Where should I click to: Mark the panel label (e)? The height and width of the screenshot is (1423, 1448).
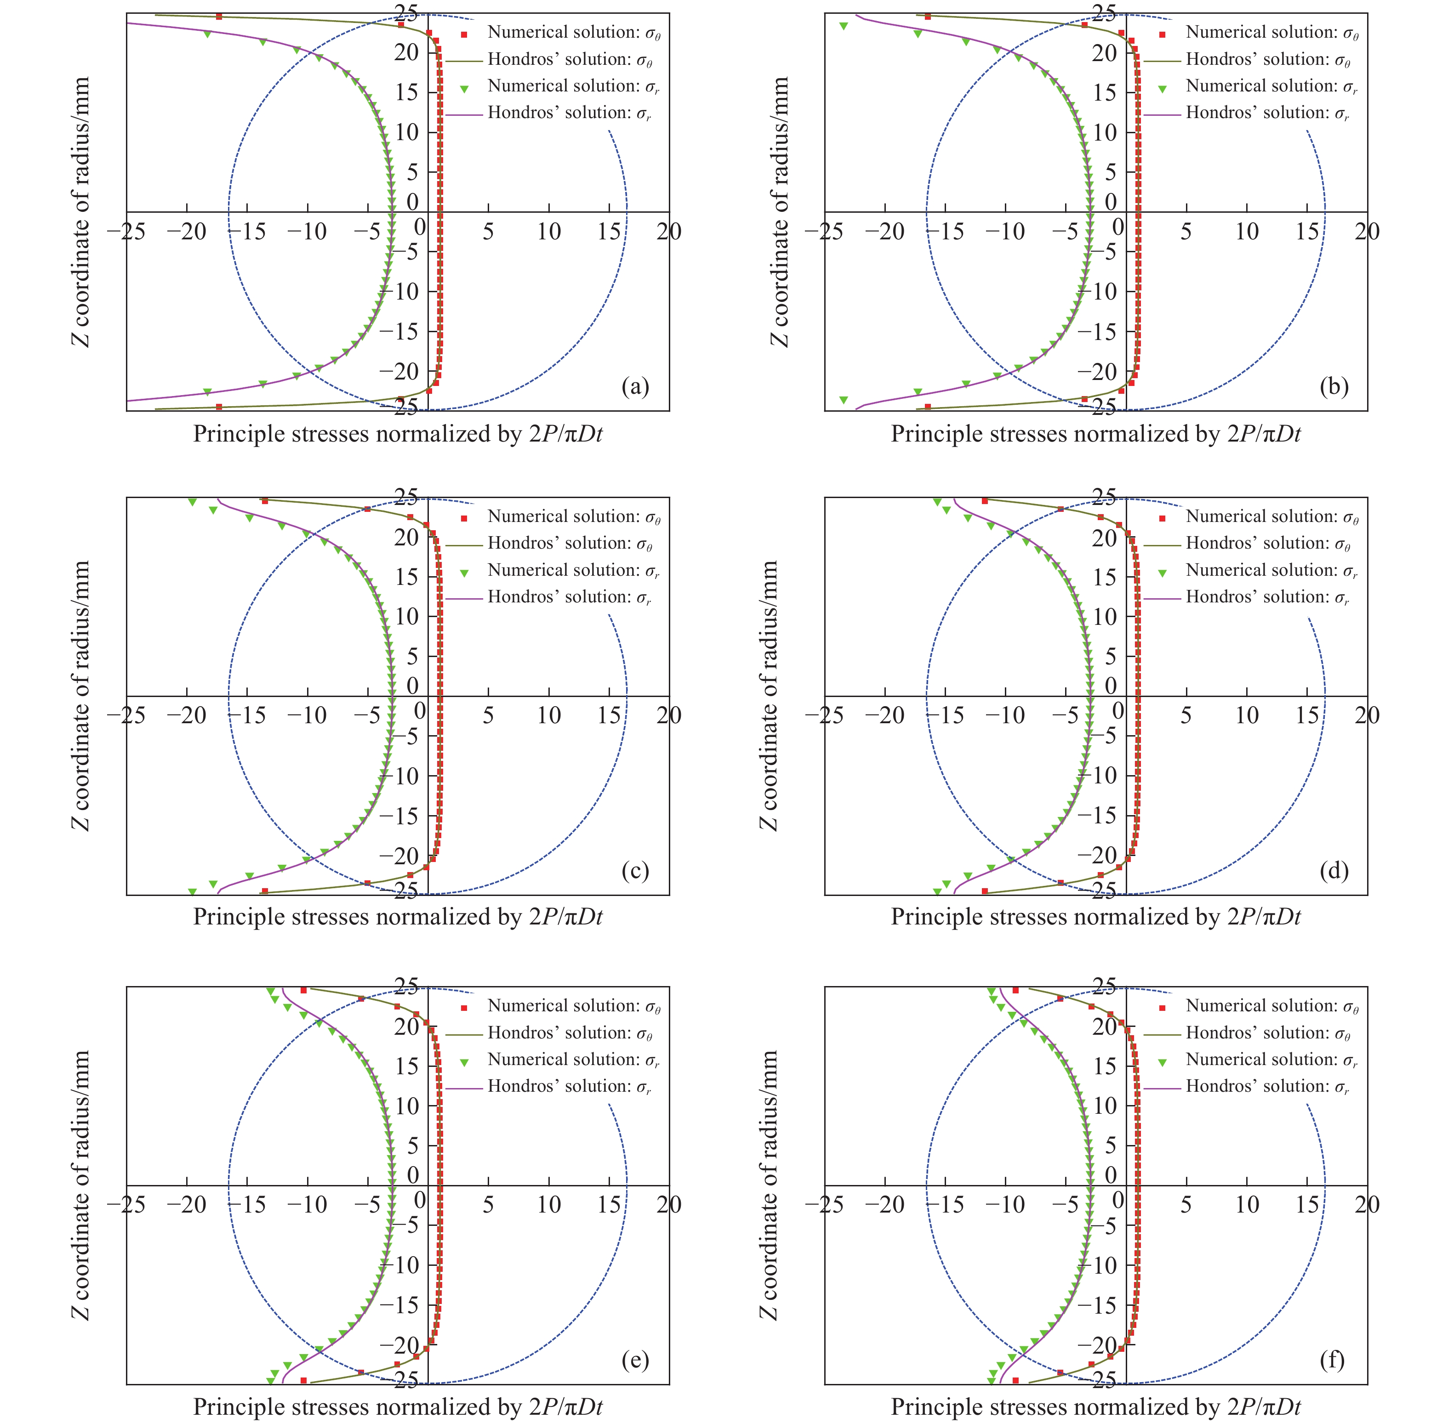(x=635, y=1360)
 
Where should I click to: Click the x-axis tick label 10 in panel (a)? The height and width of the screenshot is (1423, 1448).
(x=549, y=232)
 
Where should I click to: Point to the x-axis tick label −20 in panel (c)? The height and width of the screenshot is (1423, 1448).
(x=186, y=716)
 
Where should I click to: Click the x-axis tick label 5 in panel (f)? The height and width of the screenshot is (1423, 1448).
(x=1186, y=1205)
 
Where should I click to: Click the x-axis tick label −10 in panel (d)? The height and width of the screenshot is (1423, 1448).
(x=1005, y=716)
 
